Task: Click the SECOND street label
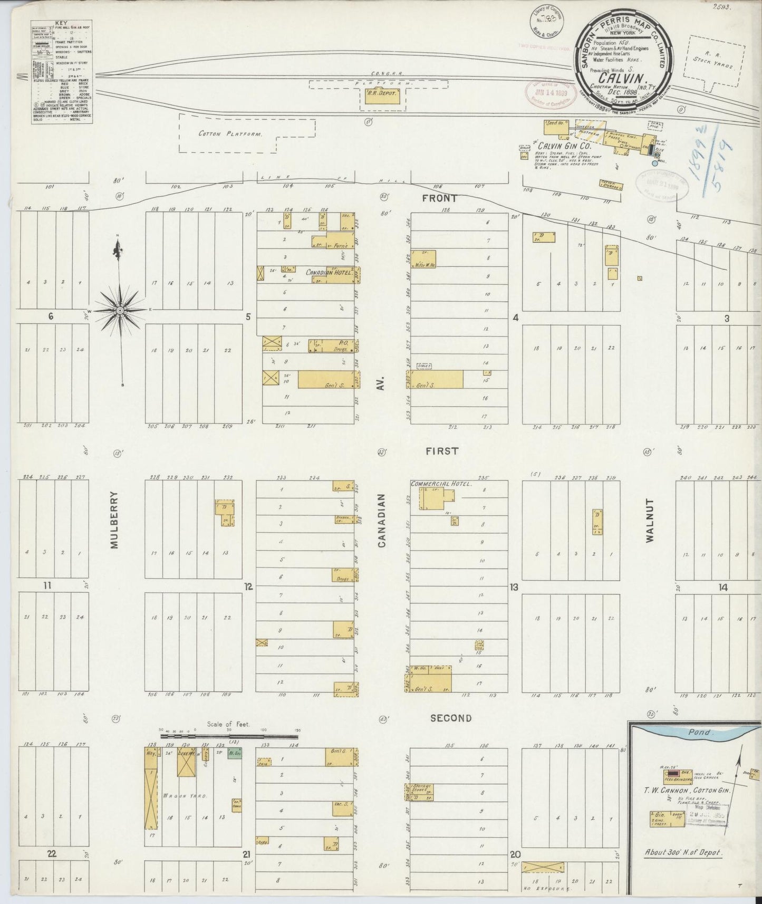(x=450, y=718)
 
